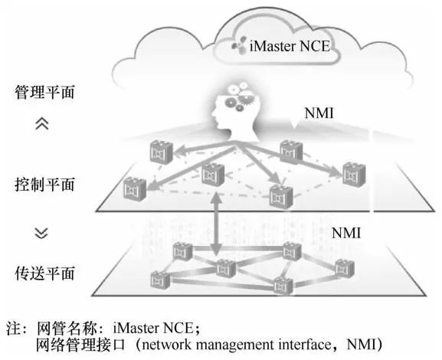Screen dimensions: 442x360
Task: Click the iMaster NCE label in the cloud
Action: [x=290, y=46]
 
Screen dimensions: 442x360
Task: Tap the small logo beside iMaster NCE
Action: [x=239, y=45]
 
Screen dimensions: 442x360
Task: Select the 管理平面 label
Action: [x=44, y=92]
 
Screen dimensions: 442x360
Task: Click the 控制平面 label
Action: [x=44, y=184]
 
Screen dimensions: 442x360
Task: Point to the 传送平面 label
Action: [x=44, y=273]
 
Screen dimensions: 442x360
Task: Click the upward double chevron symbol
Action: [x=42, y=123]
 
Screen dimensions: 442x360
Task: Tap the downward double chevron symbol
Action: [x=41, y=233]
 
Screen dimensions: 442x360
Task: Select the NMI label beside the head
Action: [x=319, y=113]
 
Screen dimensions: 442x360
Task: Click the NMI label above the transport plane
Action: [x=346, y=233]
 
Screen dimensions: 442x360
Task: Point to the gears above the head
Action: [x=240, y=96]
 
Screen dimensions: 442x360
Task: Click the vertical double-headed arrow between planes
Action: [x=216, y=224]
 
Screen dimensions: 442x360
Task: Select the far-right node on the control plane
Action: [x=354, y=174]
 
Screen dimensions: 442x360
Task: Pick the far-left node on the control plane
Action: [x=135, y=188]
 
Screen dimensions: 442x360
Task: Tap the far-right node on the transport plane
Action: [x=345, y=268]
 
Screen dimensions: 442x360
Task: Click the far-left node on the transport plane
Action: [x=160, y=280]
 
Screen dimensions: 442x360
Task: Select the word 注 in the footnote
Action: [x=13, y=328]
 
